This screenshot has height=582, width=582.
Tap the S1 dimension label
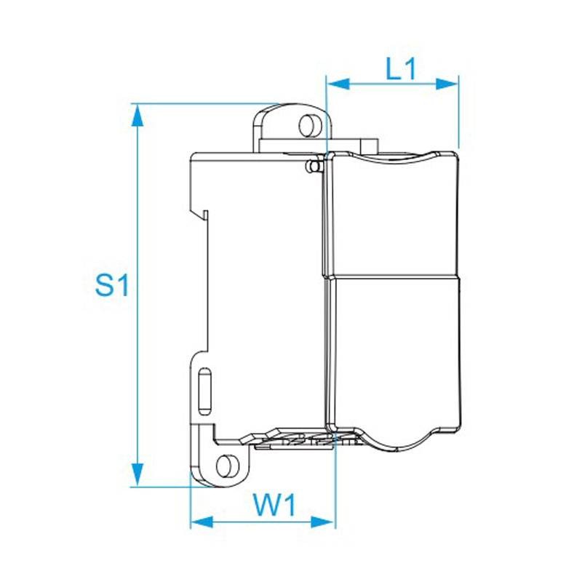pyautogui.click(x=112, y=285)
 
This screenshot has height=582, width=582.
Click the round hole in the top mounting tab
pyautogui.click(x=309, y=125)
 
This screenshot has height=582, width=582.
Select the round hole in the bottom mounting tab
pyautogui.click(x=228, y=464)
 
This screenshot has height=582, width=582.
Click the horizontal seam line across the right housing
pyautogui.click(x=393, y=277)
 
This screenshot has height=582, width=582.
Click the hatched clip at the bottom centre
pyautogui.click(x=306, y=439)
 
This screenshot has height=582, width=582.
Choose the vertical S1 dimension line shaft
pyautogui.click(x=135, y=218)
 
